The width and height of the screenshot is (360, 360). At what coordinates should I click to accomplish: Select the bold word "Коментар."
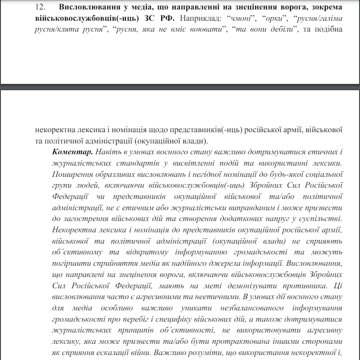pyautogui.click(x=72, y=151)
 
